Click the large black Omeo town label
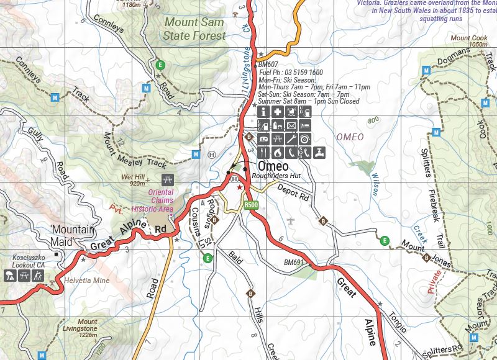(x=273, y=167)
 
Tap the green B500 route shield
(x=251, y=205)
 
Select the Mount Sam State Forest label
(x=194, y=29)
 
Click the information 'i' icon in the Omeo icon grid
(x=263, y=112)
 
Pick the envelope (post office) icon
(x=291, y=126)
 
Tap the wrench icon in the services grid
(x=291, y=139)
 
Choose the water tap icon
(x=318, y=152)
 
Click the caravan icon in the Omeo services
(x=263, y=139)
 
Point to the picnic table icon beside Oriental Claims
(x=166, y=181)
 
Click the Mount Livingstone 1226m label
(x=88, y=328)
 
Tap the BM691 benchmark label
(x=293, y=263)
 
